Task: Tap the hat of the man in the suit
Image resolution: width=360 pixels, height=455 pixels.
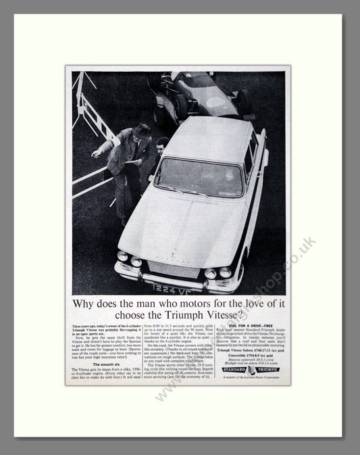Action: click(x=141, y=130)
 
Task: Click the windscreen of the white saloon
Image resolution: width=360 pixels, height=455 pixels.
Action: click(x=200, y=176)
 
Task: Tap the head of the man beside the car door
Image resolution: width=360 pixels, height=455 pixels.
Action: click(x=161, y=145)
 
